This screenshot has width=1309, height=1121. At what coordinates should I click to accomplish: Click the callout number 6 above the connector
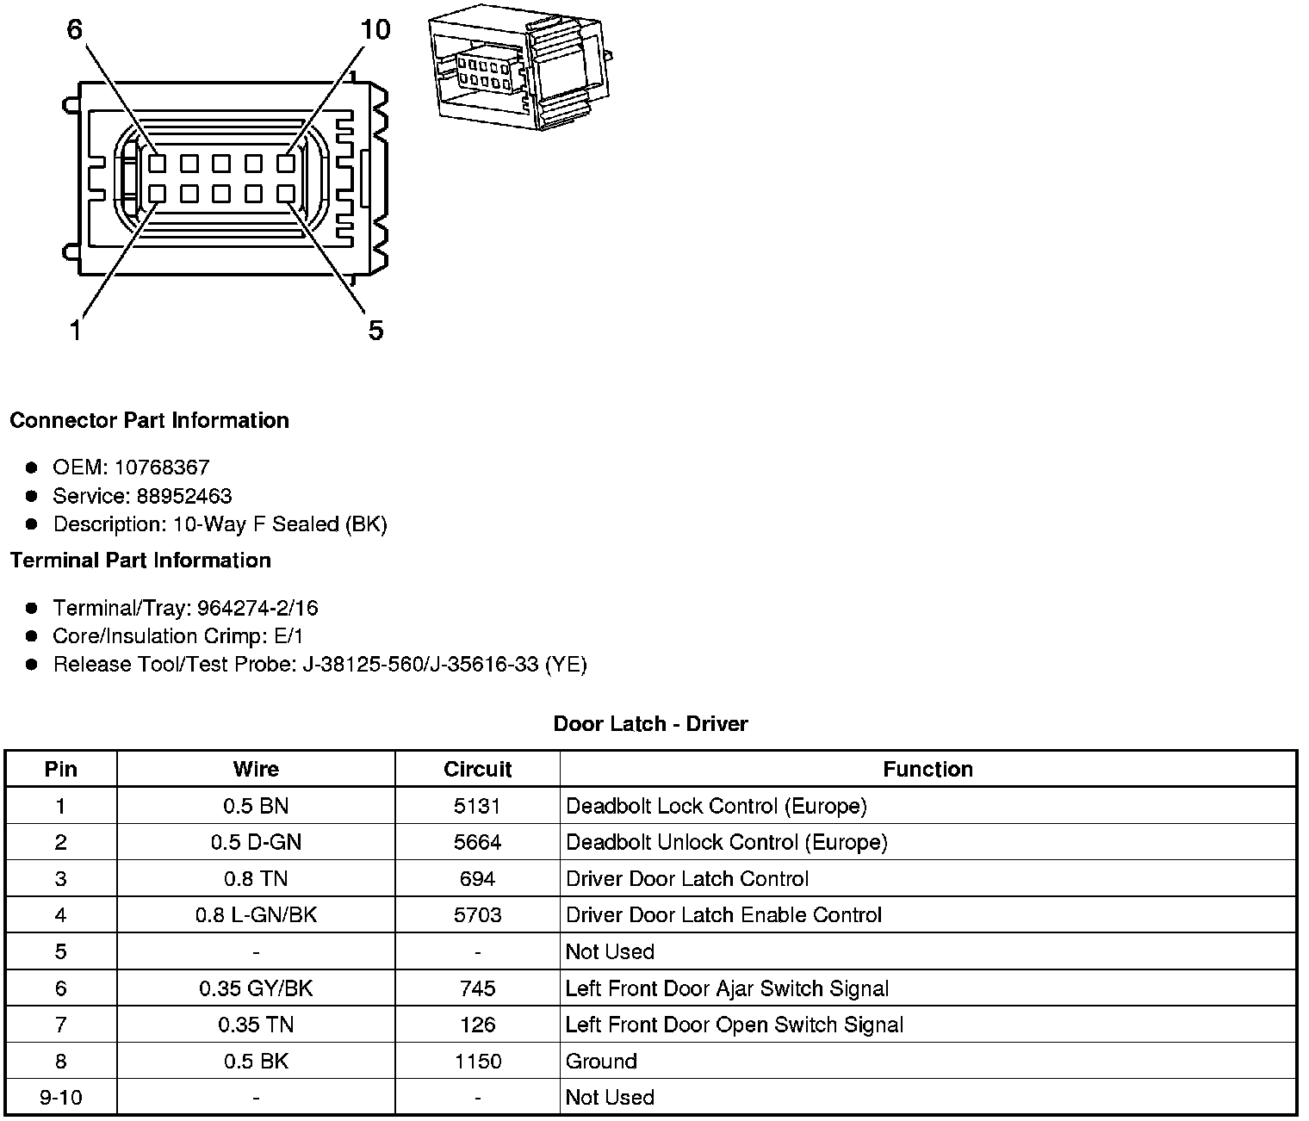pyautogui.click(x=75, y=30)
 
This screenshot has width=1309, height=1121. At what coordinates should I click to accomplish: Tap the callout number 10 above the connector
pyautogui.click(x=375, y=30)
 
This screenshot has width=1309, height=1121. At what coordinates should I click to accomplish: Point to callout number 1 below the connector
pyautogui.click(x=76, y=330)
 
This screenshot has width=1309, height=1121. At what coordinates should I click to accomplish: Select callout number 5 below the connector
pyautogui.click(x=375, y=330)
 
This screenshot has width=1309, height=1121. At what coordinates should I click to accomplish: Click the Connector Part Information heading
pyautogui.click(x=149, y=421)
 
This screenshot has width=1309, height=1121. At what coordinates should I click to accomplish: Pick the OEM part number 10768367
pyautogui.click(x=162, y=468)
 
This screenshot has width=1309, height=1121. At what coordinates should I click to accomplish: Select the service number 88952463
pyautogui.click(x=184, y=496)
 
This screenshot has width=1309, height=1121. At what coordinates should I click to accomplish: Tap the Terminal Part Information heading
pyautogui.click(x=140, y=560)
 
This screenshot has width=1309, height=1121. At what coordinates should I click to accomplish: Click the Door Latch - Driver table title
pyautogui.click(x=650, y=724)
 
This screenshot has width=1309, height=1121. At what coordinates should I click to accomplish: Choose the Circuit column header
pyautogui.click(x=477, y=769)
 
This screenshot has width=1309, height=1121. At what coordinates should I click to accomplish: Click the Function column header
pyautogui.click(x=927, y=769)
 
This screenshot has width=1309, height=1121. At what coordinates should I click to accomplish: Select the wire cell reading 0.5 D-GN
pyautogui.click(x=256, y=842)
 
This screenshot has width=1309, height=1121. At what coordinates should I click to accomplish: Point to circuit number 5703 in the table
pyautogui.click(x=477, y=915)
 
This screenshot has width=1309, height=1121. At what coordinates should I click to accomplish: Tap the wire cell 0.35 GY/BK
pyautogui.click(x=256, y=988)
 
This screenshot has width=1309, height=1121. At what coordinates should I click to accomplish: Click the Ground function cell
pyautogui.click(x=601, y=1062)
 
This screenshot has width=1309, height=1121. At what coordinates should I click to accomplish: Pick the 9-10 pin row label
pyautogui.click(x=60, y=1098)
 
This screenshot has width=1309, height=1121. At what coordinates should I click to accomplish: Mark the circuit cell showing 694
pyautogui.click(x=477, y=879)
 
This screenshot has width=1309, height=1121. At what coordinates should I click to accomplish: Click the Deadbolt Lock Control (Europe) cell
pyautogui.click(x=716, y=806)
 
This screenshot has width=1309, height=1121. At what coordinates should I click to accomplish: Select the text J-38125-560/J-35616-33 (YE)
pyautogui.click(x=444, y=665)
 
